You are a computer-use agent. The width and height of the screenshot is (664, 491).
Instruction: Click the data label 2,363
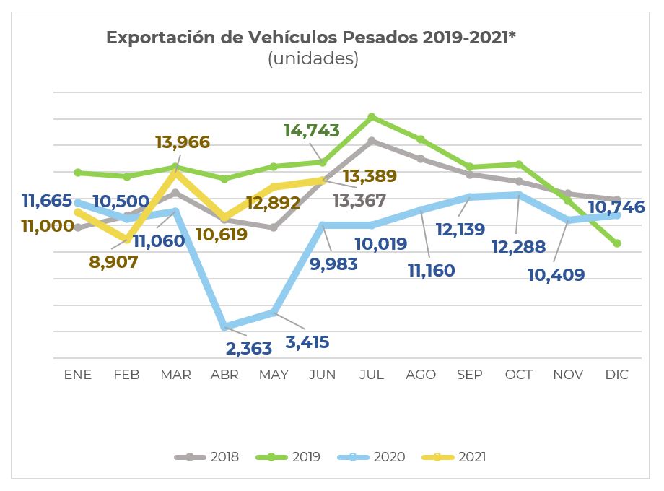249,349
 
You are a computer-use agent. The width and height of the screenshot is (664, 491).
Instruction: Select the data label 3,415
307,342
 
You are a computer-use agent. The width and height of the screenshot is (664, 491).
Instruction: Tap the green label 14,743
312,131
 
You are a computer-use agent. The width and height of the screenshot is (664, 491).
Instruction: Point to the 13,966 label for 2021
183,142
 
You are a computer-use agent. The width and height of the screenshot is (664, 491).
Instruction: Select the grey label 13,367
359,201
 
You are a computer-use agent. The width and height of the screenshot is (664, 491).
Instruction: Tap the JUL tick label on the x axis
372,375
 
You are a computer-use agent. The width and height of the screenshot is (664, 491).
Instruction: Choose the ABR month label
224,375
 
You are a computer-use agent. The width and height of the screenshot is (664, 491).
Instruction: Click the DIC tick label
617,375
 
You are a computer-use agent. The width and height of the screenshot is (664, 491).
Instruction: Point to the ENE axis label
78,375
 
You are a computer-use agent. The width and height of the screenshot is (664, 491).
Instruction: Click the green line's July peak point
372,116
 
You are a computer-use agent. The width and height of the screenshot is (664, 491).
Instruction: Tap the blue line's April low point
224,326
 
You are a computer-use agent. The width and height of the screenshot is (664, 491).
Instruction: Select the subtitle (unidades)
313,59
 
